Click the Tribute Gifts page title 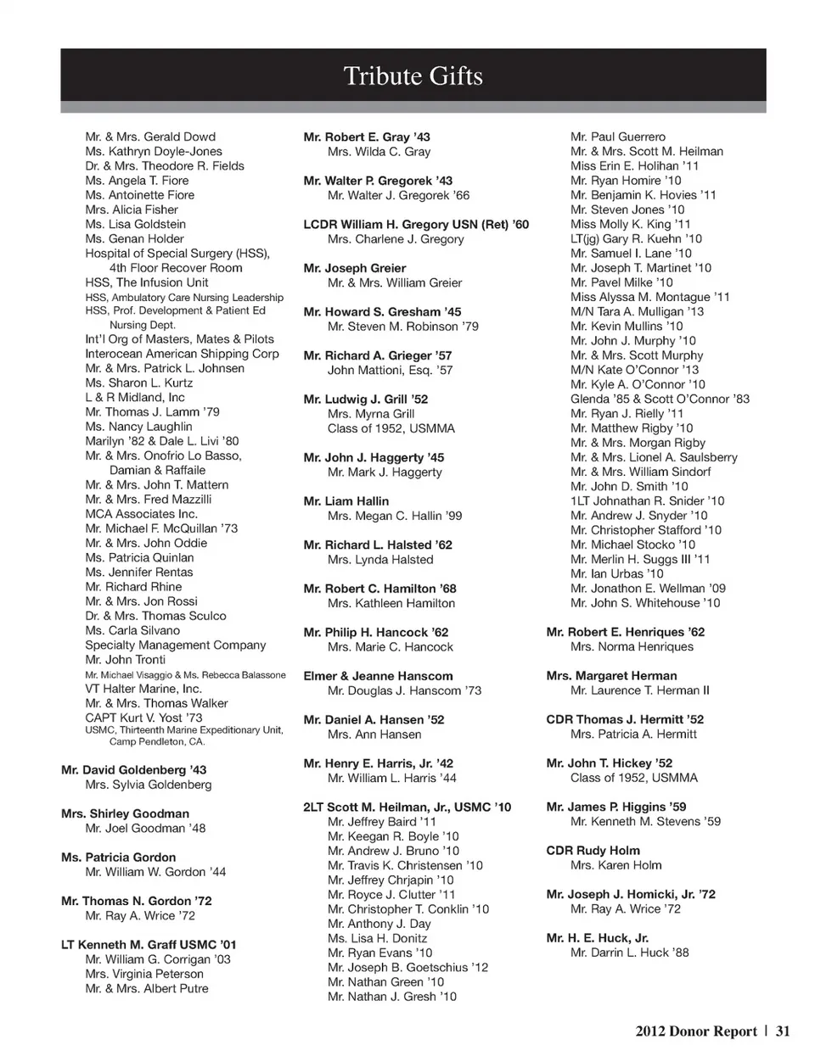tap(413, 76)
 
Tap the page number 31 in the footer tap(782, 1031)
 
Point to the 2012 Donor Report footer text tap(695, 1031)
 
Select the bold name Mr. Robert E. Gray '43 tap(367, 137)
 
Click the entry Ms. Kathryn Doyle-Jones tap(154, 151)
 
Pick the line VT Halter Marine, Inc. tap(143, 689)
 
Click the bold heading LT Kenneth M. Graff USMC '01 tap(149, 945)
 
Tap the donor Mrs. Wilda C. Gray tap(379, 152)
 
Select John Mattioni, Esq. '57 tap(391, 371)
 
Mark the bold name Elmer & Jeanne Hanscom tap(378, 676)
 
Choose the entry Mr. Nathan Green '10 tap(386, 982)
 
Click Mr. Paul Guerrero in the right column tap(618, 137)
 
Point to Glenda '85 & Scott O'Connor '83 tap(660, 399)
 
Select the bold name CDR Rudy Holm tap(593, 851)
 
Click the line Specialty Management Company tap(176, 645)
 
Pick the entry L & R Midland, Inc tap(135, 397)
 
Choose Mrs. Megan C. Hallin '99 tap(395, 516)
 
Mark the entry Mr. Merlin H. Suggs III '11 tap(640, 559)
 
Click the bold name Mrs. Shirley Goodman tap(125, 813)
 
